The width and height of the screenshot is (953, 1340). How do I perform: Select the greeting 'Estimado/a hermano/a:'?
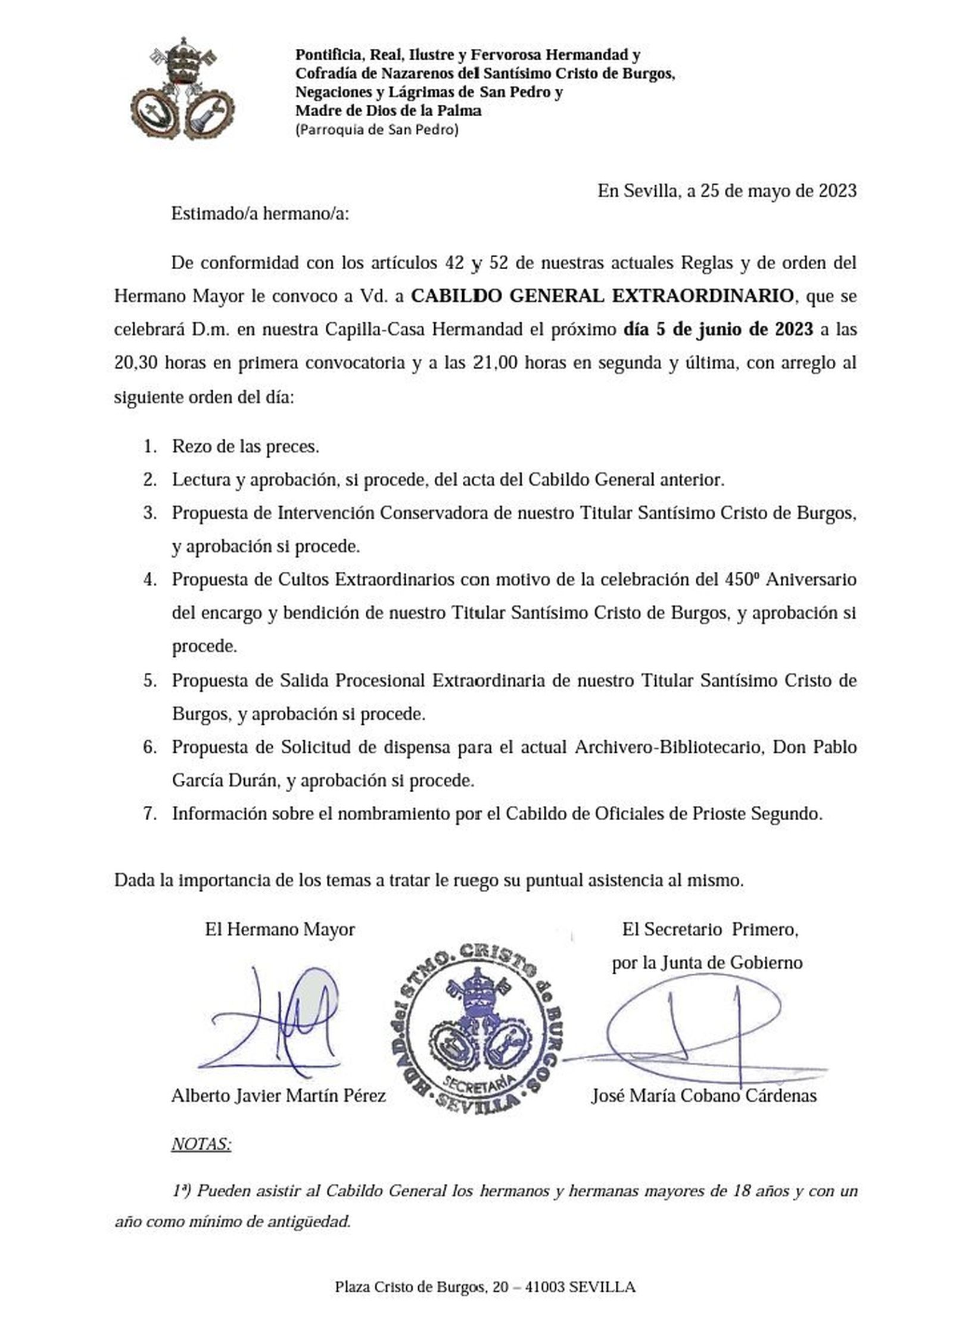click(260, 213)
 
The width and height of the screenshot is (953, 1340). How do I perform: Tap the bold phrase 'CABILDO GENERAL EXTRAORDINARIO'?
click(603, 295)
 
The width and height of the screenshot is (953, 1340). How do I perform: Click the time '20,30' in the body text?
click(136, 363)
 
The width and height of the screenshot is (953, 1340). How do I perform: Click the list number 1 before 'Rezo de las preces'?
click(148, 446)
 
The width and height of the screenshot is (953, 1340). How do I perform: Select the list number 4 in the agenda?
click(148, 579)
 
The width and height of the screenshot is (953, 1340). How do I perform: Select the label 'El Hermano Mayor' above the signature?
click(279, 929)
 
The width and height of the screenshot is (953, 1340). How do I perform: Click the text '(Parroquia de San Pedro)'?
click(377, 130)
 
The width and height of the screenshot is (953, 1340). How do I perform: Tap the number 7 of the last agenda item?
click(148, 814)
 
